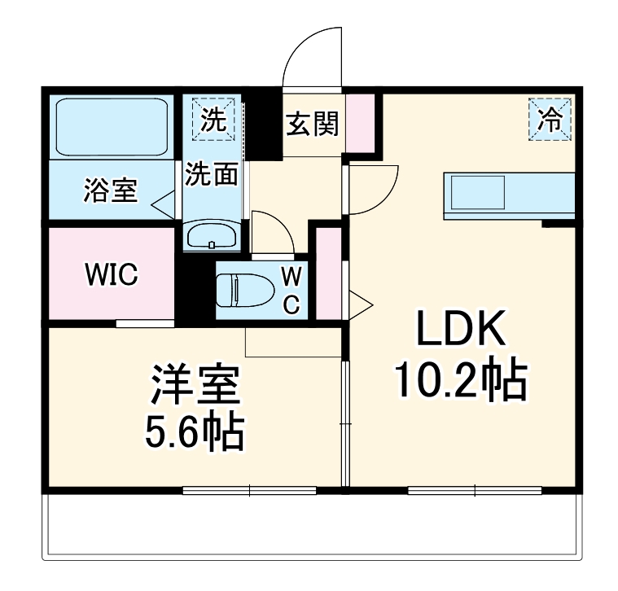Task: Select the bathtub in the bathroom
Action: click(112, 126)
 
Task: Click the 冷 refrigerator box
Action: click(551, 120)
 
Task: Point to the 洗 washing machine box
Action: click(213, 120)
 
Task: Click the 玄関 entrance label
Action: click(312, 124)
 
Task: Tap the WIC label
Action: click(112, 275)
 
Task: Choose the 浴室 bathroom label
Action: click(110, 191)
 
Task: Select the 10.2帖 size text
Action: click(461, 379)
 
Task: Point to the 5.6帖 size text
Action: click(195, 434)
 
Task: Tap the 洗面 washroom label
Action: click(211, 174)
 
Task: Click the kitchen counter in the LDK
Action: click(509, 195)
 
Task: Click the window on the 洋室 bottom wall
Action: click(249, 490)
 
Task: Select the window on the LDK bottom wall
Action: click(474, 490)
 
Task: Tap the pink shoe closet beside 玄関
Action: click(361, 122)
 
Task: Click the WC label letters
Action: click(291, 290)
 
